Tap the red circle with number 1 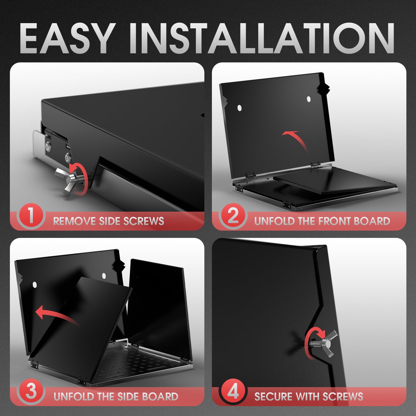pyautogui.click(x=31, y=216)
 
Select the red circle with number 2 pyautogui.click(x=233, y=216)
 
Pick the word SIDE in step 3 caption pyautogui.click(x=129, y=396)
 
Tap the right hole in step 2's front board pyautogui.click(x=309, y=99)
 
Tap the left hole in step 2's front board pyautogui.click(x=239, y=108)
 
